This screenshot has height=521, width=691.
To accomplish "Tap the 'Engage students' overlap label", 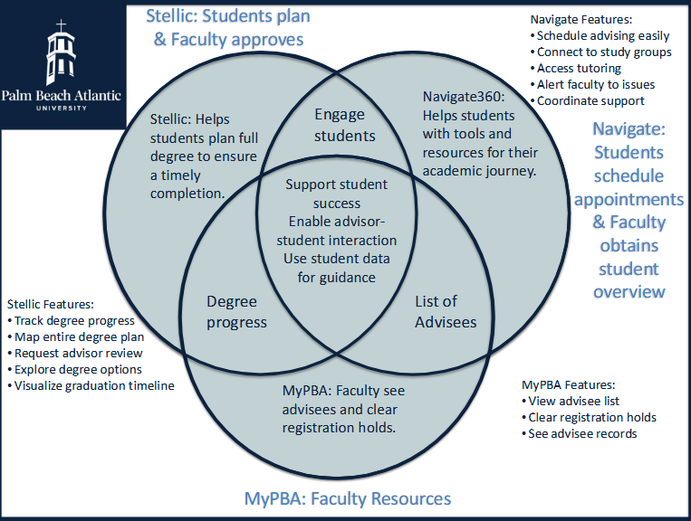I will coord(339,125).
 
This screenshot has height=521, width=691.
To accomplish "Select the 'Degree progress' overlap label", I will coord(236,311).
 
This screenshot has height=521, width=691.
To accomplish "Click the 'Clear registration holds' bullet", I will coord(592,417).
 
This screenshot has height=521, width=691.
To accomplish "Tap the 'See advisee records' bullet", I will coord(582,433).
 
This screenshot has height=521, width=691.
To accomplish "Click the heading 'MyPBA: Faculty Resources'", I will coord(348,498).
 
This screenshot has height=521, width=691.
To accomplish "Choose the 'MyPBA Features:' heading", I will coord(570,384).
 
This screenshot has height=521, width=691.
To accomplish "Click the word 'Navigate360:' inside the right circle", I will coord(462,95).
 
